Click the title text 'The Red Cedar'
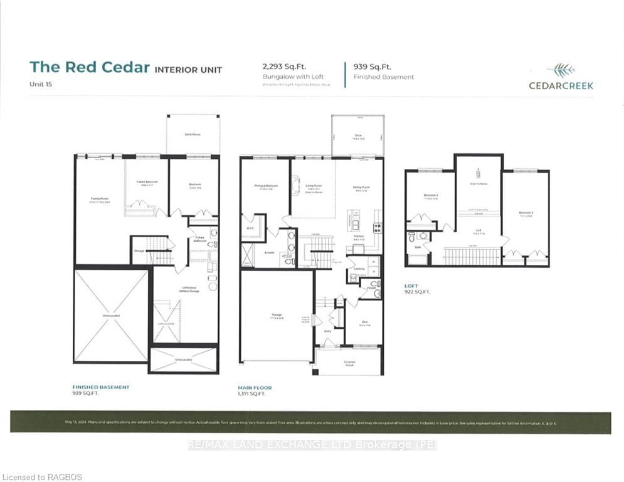[x=90, y=68]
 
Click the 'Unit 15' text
[x=40, y=83]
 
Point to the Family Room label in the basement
[x=100, y=200]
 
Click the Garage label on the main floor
[x=277, y=315]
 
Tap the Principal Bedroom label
[x=266, y=186]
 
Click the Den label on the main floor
[x=364, y=324]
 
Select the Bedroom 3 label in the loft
[x=430, y=196]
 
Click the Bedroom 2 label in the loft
[x=526, y=214]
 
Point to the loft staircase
[x=472, y=256]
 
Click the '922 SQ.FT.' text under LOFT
[x=418, y=292]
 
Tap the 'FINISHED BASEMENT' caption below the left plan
[x=101, y=387]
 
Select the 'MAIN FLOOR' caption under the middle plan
[x=255, y=388]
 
